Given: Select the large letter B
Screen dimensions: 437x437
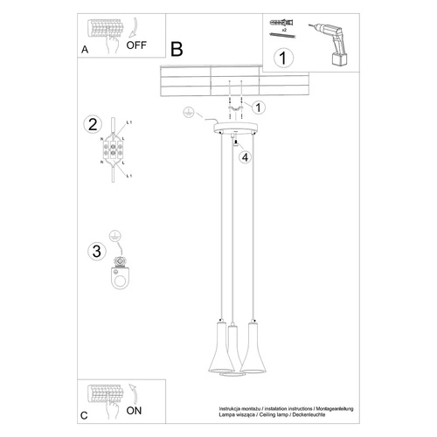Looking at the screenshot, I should tap(177, 50).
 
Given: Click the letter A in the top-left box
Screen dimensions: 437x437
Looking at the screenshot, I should tap(84, 51).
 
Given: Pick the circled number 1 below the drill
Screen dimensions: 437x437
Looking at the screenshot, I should tap(281, 60).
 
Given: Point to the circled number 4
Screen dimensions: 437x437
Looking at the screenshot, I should tap(246, 157).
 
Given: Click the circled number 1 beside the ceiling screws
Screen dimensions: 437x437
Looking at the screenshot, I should tap(259, 108).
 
